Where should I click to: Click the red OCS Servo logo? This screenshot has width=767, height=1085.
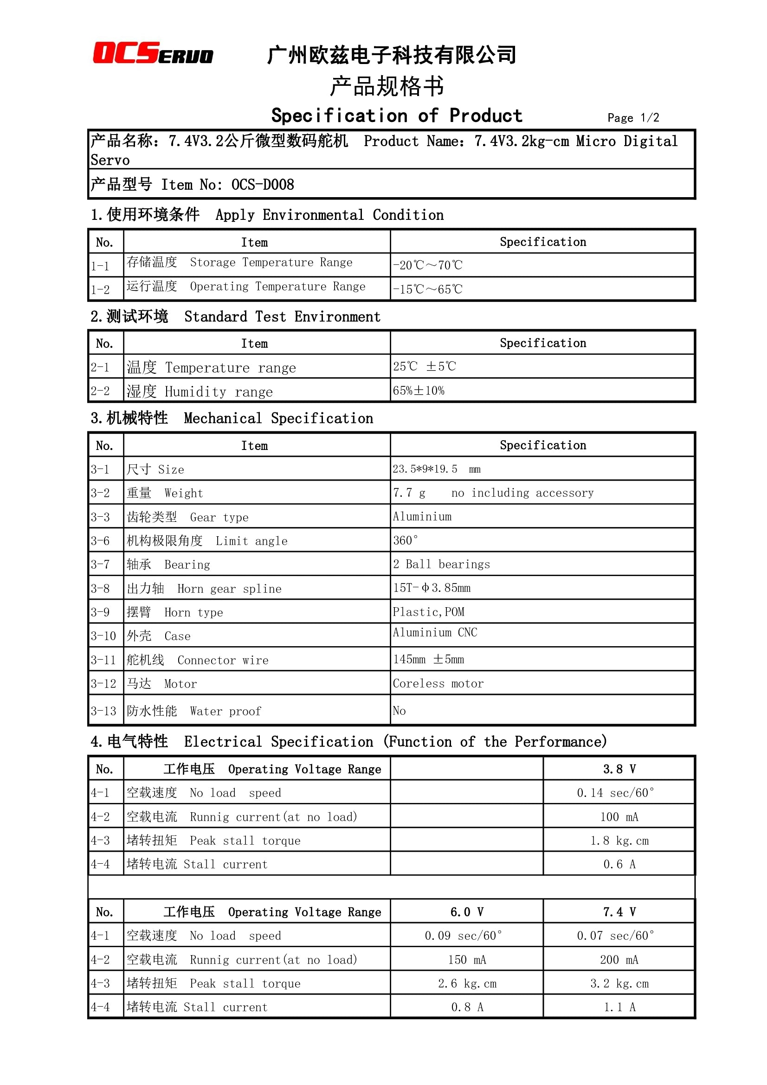(153, 53)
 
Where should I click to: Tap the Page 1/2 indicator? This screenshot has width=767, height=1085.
(633, 118)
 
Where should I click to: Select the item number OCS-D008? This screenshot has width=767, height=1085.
(262, 184)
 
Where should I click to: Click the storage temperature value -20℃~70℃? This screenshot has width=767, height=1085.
(427, 265)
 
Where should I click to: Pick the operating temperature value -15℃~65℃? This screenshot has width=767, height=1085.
(427, 289)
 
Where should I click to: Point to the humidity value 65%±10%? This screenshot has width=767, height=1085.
(418, 391)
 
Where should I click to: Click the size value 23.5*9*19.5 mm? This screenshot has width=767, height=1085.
(436, 469)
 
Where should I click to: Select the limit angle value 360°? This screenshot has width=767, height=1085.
(406, 540)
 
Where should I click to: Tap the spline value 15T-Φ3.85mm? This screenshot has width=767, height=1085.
(432, 588)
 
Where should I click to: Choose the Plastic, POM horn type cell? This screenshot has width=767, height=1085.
(428, 612)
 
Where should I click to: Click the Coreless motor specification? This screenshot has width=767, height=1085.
(438, 683)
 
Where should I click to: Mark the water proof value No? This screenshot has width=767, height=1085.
(399, 711)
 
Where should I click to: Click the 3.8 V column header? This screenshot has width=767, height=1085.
(619, 769)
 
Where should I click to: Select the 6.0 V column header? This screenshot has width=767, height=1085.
(466, 912)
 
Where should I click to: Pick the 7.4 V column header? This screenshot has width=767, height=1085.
(619, 912)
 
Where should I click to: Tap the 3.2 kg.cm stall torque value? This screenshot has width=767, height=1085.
(619, 983)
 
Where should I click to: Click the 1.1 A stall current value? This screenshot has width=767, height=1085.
(619, 1007)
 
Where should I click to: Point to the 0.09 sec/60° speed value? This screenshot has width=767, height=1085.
(463, 936)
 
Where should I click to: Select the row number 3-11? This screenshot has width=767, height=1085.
(103, 660)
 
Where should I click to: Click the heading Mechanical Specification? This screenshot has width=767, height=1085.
(278, 418)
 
